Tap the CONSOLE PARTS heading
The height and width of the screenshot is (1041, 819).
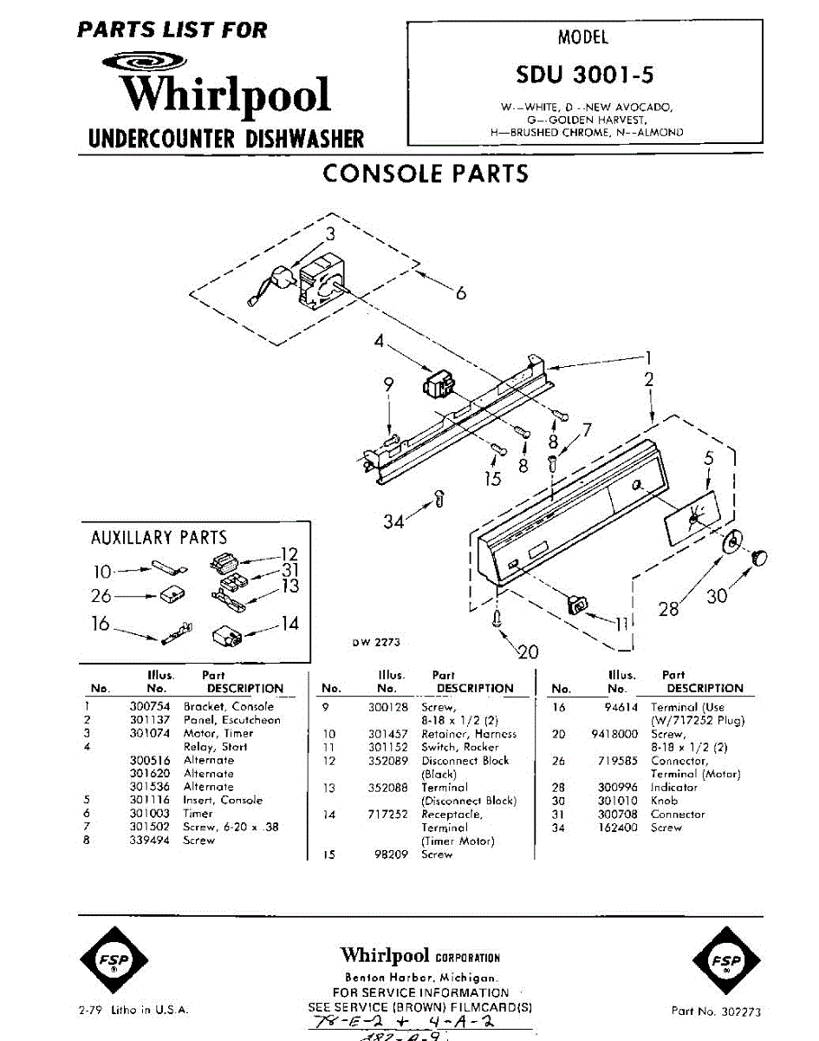(425, 173)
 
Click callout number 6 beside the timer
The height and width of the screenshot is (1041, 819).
(461, 293)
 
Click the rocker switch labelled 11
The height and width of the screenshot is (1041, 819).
(574, 605)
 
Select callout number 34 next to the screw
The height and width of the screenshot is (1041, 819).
(395, 520)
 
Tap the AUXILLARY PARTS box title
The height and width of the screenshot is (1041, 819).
(159, 538)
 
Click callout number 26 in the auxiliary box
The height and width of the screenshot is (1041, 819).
(101, 596)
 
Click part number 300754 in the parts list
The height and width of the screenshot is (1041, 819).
(148, 707)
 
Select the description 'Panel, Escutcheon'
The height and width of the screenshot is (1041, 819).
(231, 720)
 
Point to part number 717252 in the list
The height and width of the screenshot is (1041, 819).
(388, 815)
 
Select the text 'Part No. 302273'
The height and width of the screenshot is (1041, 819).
(717, 1011)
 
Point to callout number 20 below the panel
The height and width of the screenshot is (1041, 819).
(527, 652)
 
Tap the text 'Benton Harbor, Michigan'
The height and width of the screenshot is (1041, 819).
(420, 977)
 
